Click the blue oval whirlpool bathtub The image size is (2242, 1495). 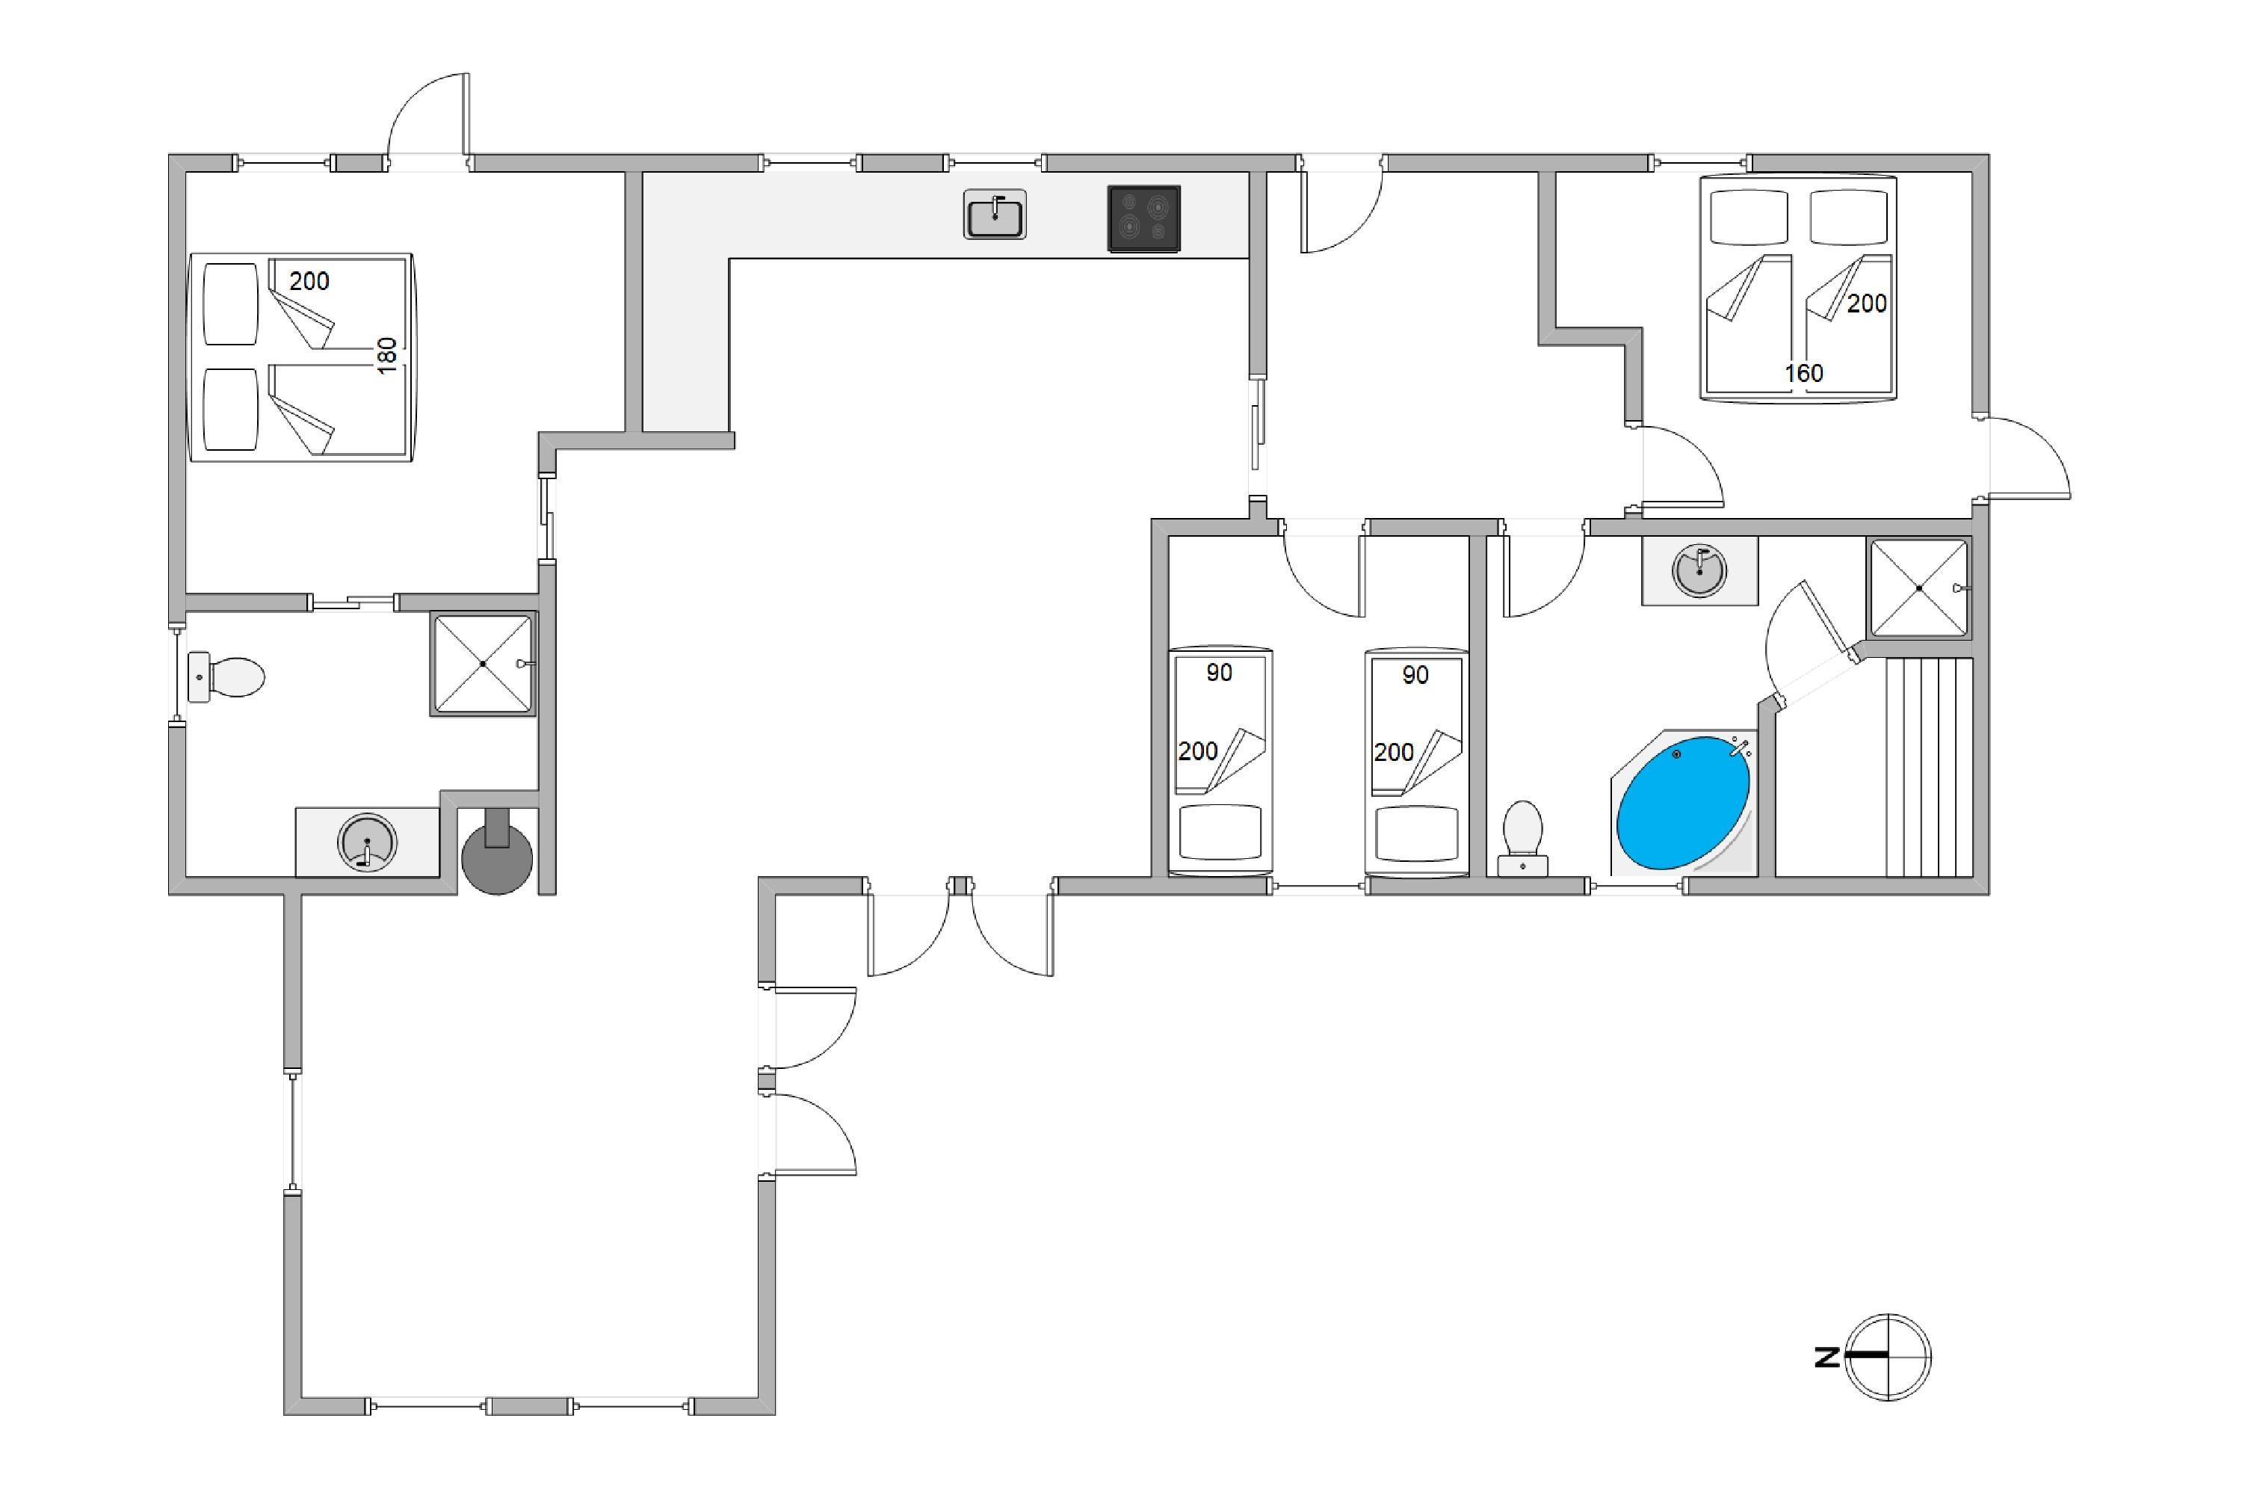1684,802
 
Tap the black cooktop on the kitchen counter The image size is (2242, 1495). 1144,218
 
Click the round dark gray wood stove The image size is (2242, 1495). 497,854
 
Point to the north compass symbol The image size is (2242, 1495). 1888,1357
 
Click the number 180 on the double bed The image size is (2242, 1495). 387,356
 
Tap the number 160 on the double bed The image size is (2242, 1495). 1803,373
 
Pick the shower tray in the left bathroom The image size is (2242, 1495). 484,664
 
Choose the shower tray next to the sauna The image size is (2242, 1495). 1919,588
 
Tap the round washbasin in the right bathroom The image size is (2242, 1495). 1699,571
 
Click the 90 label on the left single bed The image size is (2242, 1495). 1219,673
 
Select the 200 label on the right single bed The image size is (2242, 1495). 1394,752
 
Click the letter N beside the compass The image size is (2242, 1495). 1826,1357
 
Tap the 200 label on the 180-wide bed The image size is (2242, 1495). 309,281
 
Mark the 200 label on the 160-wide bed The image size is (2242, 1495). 1866,303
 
